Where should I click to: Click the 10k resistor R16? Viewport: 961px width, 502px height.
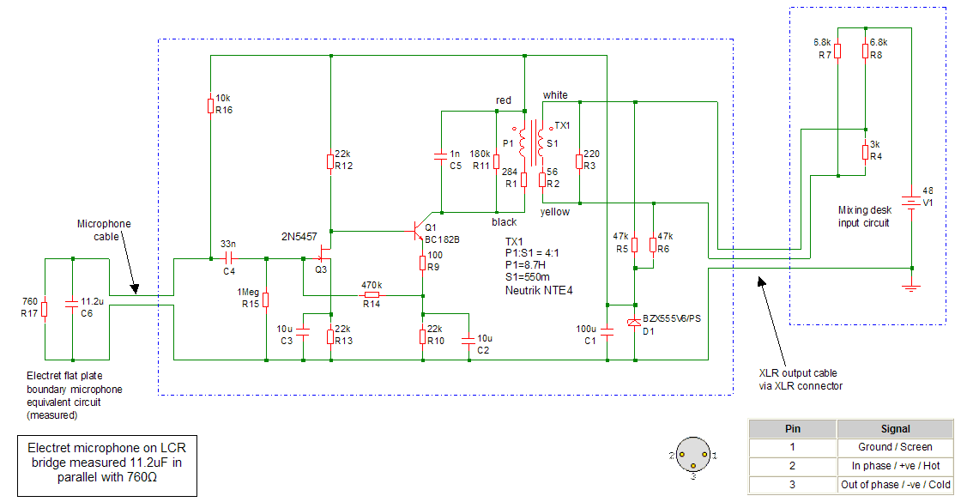[x=210, y=106]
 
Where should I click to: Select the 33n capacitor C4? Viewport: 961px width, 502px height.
[x=229, y=257]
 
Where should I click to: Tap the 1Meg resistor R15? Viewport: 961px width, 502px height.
[x=266, y=299]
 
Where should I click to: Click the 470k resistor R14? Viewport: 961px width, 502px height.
[x=371, y=295]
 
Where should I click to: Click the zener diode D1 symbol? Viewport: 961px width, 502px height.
[x=634, y=321]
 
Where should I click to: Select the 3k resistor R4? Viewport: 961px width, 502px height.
[x=865, y=152]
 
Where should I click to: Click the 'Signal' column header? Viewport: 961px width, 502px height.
[x=896, y=428]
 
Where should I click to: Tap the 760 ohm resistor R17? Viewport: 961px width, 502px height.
[x=45, y=307]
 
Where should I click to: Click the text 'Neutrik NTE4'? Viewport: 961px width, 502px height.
[x=538, y=291]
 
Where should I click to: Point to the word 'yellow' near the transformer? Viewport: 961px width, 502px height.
[x=555, y=212]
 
